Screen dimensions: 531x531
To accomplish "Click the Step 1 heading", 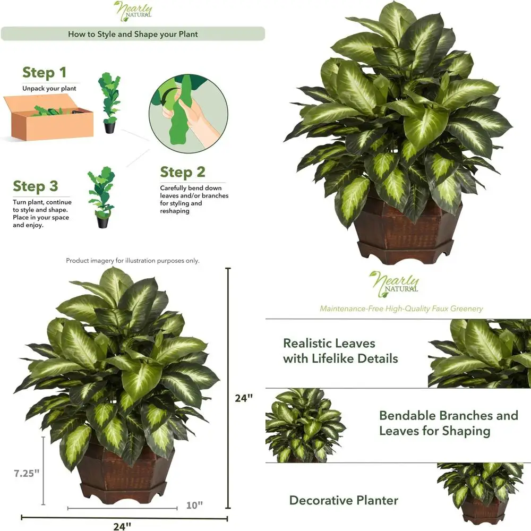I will click(x=45, y=73).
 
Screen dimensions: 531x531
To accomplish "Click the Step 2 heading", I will click(x=183, y=173).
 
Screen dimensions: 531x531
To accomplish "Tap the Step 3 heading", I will click(x=36, y=186).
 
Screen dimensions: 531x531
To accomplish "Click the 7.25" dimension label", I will click(x=27, y=473).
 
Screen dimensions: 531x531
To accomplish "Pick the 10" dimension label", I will click(x=194, y=504).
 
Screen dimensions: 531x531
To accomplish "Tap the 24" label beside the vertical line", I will click(x=244, y=398).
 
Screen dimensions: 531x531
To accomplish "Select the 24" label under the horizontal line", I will click(x=122, y=526).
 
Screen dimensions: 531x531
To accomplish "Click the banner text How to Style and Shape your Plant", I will click(x=133, y=34).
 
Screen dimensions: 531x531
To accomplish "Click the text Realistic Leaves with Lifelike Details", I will click(x=340, y=351).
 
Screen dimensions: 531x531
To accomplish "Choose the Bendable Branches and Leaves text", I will click(x=448, y=423).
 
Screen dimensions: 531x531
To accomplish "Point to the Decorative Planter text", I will click(x=344, y=500).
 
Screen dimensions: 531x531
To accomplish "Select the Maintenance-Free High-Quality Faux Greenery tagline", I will click(x=401, y=309).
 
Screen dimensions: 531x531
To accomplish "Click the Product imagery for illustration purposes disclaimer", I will click(x=133, y=261).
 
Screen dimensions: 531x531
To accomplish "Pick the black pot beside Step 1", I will click(x=109, y=127).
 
